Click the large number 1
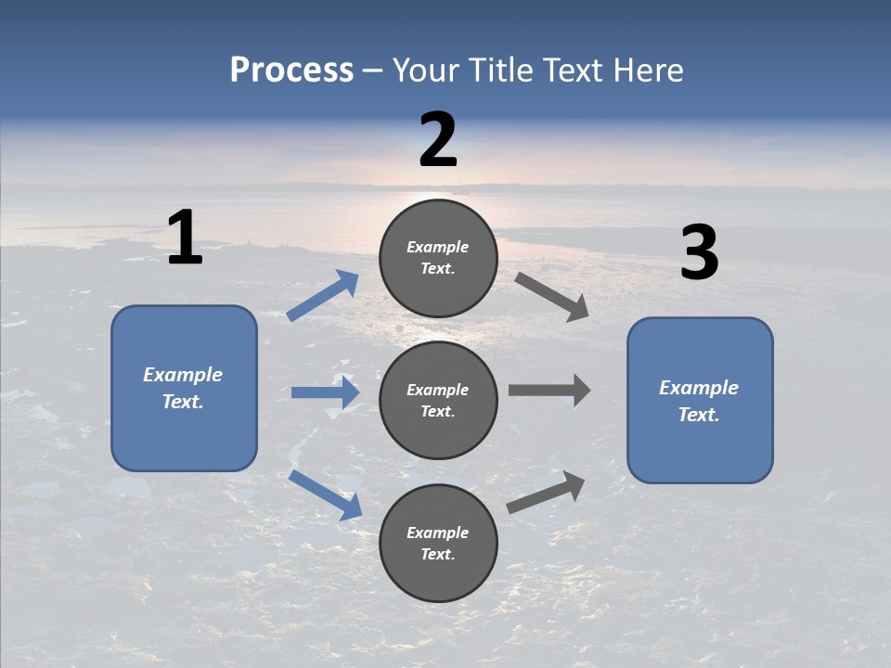click(185, 238)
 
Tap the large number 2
click(438, 140)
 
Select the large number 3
click(699, 253)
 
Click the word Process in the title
click(291, 71)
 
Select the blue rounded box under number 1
click(184, 388)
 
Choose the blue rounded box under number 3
click(700, 400)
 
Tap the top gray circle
click(438, 258)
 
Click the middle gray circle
click(438, 400)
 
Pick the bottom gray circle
click(438, 543)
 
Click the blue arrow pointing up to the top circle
click(323, 296)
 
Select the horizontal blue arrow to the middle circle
click(325, 392)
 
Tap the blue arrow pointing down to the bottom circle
click(325, 495)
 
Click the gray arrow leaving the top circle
click(552, 296)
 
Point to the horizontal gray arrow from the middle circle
click(549, 390)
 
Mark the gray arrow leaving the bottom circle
click(546, 492)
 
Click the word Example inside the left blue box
click(183, 375)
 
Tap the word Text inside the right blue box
click(697, 415)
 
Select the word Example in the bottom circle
click(438, 533)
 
